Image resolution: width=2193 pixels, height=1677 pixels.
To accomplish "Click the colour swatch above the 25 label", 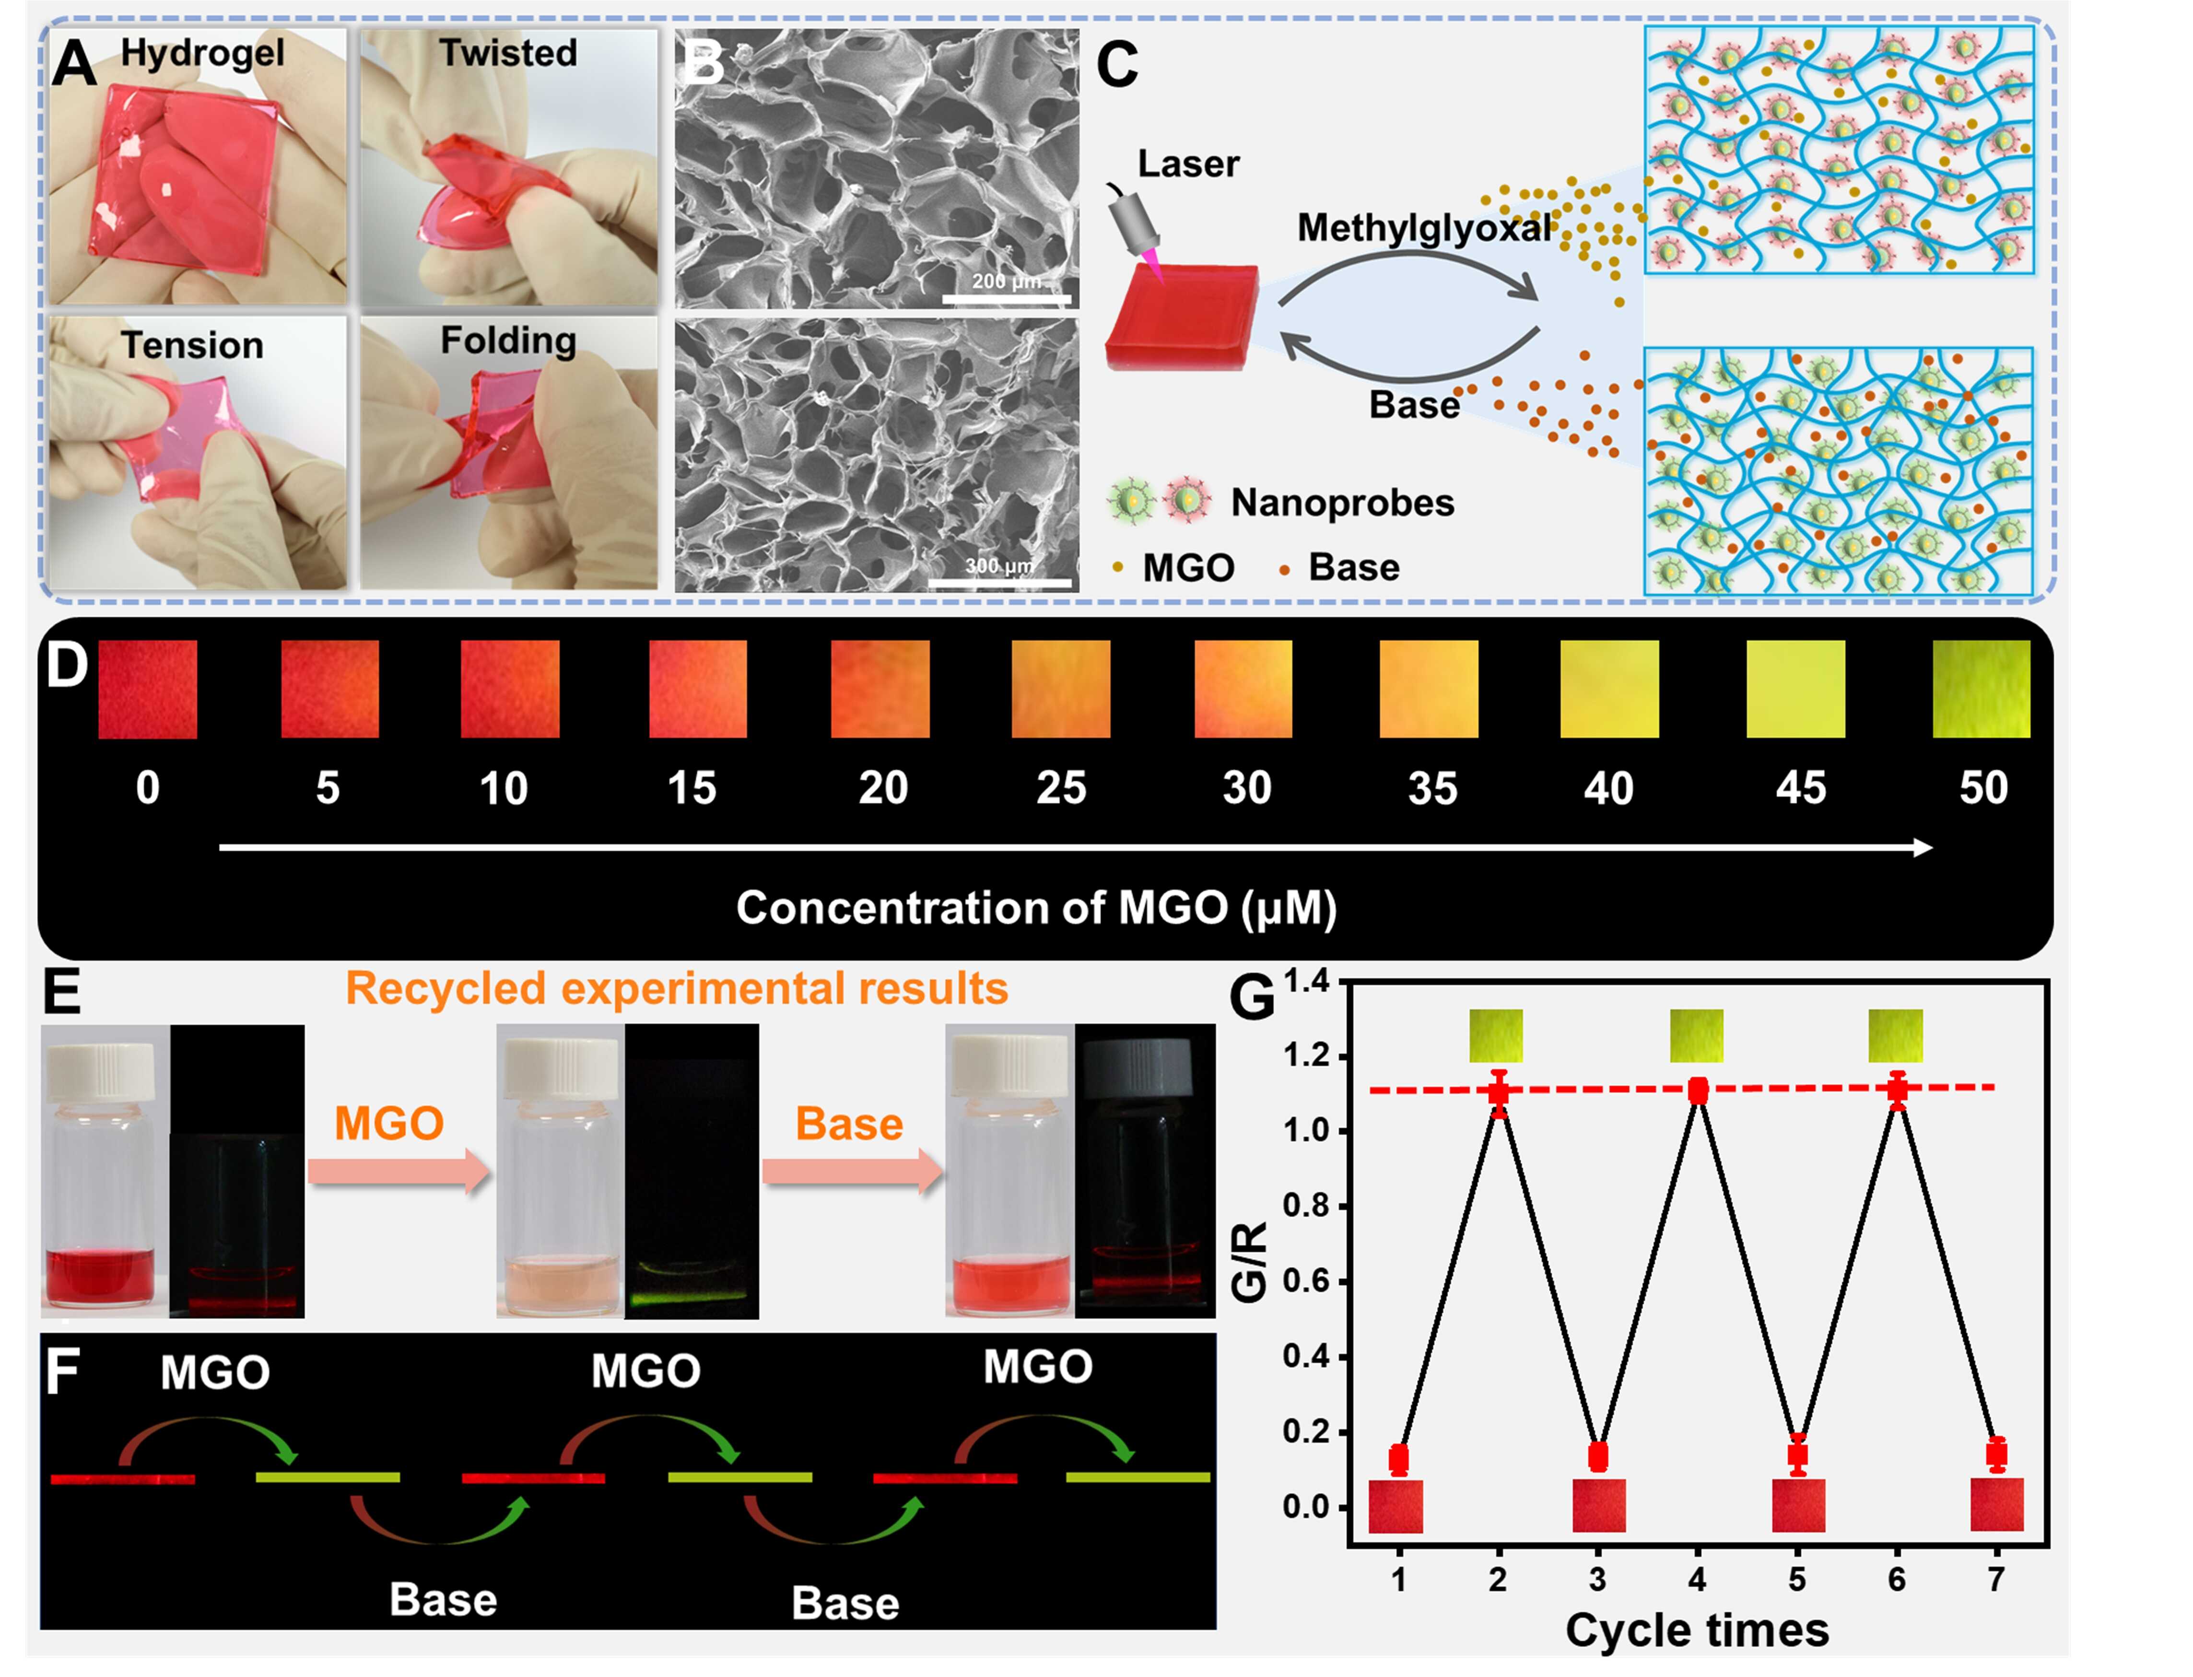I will [x=1060, y=689].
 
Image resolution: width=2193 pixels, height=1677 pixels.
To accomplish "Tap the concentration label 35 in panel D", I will [x=1432, y=788].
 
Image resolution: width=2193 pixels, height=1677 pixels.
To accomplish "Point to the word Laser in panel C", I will [x=1188, y=164].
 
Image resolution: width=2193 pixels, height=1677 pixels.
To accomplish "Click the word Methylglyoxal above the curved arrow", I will [x=1424, y=229].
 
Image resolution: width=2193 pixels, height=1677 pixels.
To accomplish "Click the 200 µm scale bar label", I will [x=1005, y=281].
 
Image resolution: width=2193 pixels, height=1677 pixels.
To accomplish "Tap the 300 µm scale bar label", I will [x=998, y=566].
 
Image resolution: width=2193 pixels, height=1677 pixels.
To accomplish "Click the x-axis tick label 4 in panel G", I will [x=1697, y=1579].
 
